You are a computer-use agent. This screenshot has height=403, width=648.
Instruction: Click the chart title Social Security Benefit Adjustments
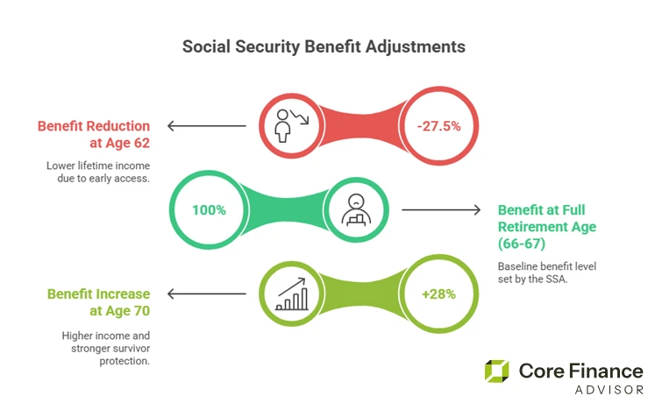coord(324,45)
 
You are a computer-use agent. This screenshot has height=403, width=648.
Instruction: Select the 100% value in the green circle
coord(210,210)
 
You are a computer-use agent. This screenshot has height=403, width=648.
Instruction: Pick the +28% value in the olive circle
coord(438,294)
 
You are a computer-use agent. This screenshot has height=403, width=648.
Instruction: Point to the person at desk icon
coord(357,210)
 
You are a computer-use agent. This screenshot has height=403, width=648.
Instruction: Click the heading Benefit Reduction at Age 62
coord(94,134)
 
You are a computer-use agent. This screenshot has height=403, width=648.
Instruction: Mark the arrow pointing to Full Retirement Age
coord(442,210)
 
